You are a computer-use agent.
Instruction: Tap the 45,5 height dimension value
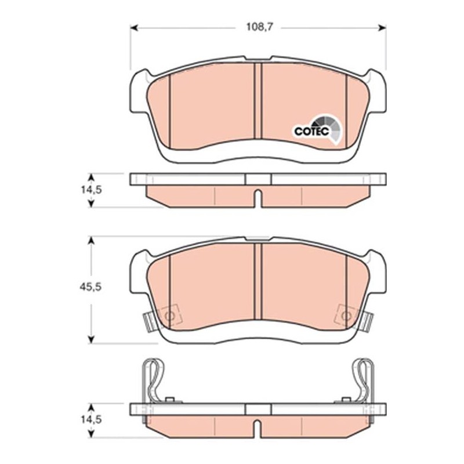[x=90, y=287]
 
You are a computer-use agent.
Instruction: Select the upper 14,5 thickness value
[x=91, y=190]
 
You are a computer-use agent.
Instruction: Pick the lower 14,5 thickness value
[x=91, y=419]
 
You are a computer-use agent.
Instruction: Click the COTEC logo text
[x=311, y=131]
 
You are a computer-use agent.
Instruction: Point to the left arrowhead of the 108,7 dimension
[x=135, y=27]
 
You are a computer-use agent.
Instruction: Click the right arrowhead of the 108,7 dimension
[x=382, y=27]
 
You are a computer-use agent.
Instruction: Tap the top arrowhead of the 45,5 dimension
[x=92, y=240]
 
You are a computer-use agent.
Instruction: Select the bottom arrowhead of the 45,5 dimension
[x=92, y=339]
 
